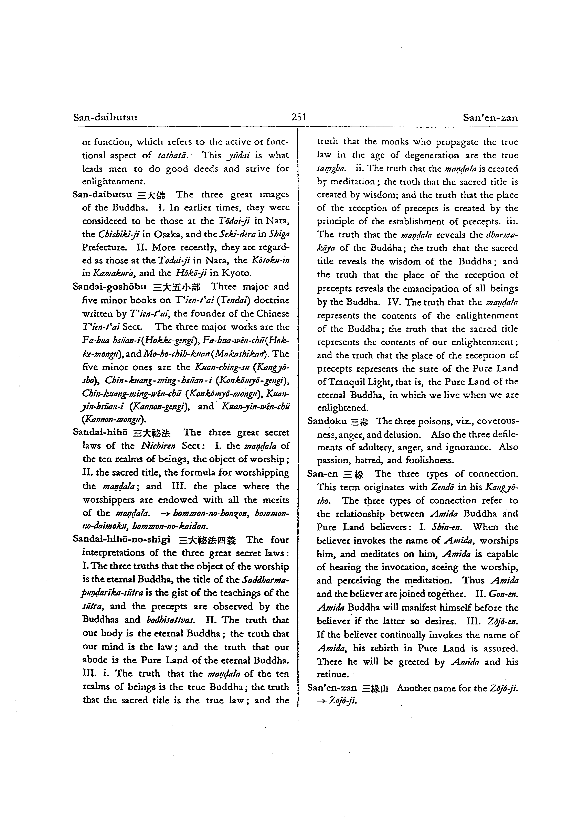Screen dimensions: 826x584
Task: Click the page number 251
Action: pos(299,117)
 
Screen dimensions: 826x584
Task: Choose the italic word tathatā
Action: pos(171,156)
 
